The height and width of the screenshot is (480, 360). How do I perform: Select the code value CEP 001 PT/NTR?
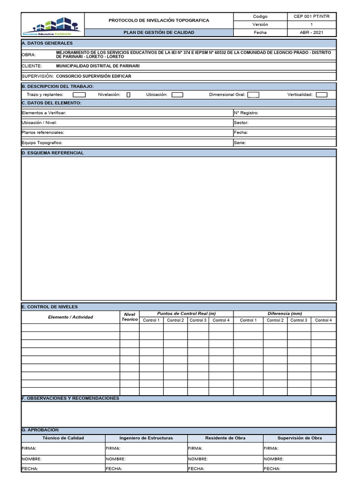[x=311, y=16]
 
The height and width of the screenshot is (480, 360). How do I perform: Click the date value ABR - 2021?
[x=311, y=32]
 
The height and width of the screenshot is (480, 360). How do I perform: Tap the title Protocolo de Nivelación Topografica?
[x=159, y=21]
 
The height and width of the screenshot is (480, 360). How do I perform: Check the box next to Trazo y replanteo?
[x=79, y=95]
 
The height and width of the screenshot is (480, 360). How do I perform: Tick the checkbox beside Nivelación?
[x=128, y=95]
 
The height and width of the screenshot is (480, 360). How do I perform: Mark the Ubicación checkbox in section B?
[x=177, y=95]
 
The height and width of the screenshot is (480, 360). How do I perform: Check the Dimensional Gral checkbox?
[x=253, y=95]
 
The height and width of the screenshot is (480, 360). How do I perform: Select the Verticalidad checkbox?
[x=322, y=95]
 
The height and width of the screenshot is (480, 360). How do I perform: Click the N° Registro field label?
[x=246, y=113]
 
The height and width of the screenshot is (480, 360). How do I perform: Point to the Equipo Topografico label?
[x=42, y=142]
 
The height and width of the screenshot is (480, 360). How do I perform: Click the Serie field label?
[x=240, y=142]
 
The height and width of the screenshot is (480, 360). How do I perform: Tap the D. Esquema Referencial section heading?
[x=53, y=153]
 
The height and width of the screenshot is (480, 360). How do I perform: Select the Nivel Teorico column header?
[x=129, y=317]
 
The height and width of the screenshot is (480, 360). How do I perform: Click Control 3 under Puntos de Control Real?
[x=198, y=320]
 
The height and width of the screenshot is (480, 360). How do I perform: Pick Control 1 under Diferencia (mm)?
[x=248, y=320]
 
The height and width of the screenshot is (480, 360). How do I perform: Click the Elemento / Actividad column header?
[x=70, y=317]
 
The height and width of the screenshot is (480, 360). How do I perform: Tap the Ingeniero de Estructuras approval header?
[x=146, y=438]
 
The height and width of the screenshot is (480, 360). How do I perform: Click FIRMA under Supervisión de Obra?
[x=271, y=448]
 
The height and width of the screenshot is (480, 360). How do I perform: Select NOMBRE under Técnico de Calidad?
[x=31, y=459]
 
